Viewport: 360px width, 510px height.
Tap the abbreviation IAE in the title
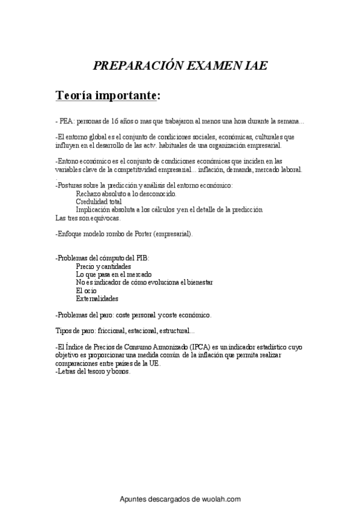click(x=255, y=66)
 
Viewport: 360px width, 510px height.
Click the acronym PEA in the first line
click(x=66, y=121)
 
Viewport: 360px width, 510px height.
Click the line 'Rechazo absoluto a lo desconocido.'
click(x=126, y=194)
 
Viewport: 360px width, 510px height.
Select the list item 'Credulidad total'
click(x=99, y=202)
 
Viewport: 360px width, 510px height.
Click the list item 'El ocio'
click(x=87, y=290)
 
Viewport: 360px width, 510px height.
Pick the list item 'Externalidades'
click(x=97, y=298)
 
